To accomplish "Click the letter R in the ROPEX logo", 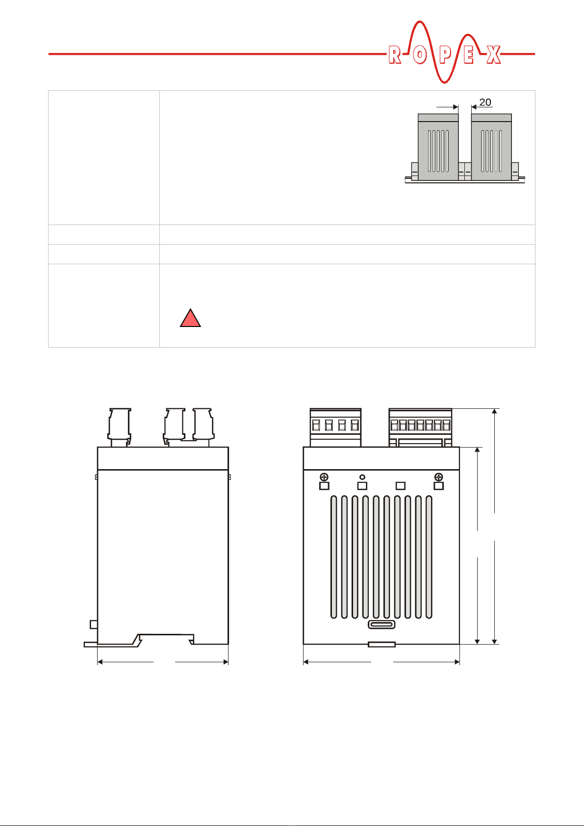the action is tap(394, 55).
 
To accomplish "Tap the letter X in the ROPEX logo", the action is tap(493, 55).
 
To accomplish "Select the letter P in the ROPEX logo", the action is tap(445, 55).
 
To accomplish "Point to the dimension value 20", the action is tap(485, 102).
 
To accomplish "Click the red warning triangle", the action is tap(190, 318).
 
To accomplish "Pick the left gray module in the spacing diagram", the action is tap(438, 147).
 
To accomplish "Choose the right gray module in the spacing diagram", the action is tap(491, 147).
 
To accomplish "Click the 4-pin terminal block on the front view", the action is tap(335, 427).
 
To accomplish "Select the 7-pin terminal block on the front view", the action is tap(420, 427).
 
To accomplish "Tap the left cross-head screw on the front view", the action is tap(324, 477).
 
